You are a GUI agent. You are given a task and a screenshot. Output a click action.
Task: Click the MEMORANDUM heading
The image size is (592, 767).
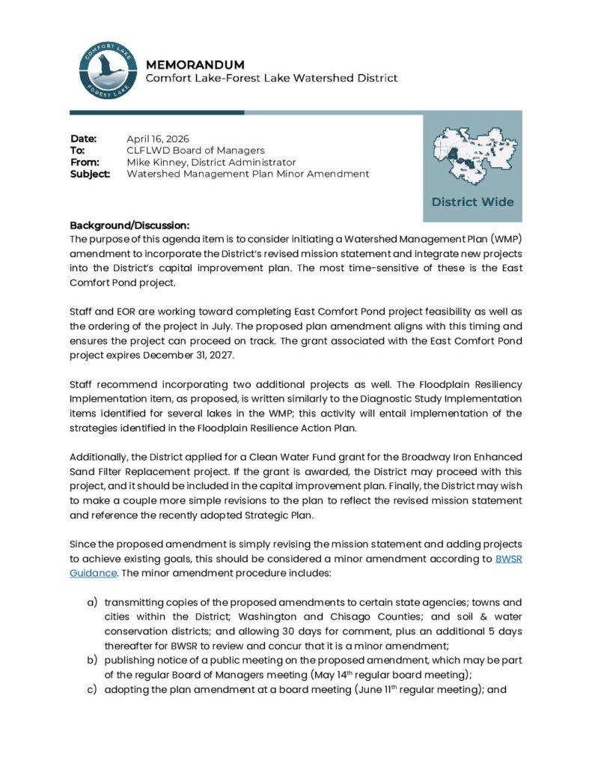click(x=195, y=64)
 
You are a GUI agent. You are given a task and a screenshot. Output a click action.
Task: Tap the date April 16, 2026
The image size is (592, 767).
click(x=157, y=139)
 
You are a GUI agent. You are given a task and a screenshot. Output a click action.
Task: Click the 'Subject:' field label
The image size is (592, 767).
click(x=91, y=174)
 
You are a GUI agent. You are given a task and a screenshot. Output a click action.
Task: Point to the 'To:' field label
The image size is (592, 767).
click(x=77, y=151)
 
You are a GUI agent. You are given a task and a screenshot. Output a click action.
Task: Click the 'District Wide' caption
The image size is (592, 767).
click(x=472, y=201)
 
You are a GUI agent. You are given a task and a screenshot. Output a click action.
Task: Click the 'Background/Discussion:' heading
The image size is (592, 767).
click(x=129, y=225)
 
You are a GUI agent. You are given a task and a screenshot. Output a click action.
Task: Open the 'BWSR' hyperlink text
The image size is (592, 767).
click(x=509, y=558)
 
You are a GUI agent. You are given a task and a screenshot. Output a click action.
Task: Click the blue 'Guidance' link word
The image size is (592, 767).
click(x=93, y=572)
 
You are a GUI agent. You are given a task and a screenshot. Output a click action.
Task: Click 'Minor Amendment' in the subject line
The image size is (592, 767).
click(x=329, y=174)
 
